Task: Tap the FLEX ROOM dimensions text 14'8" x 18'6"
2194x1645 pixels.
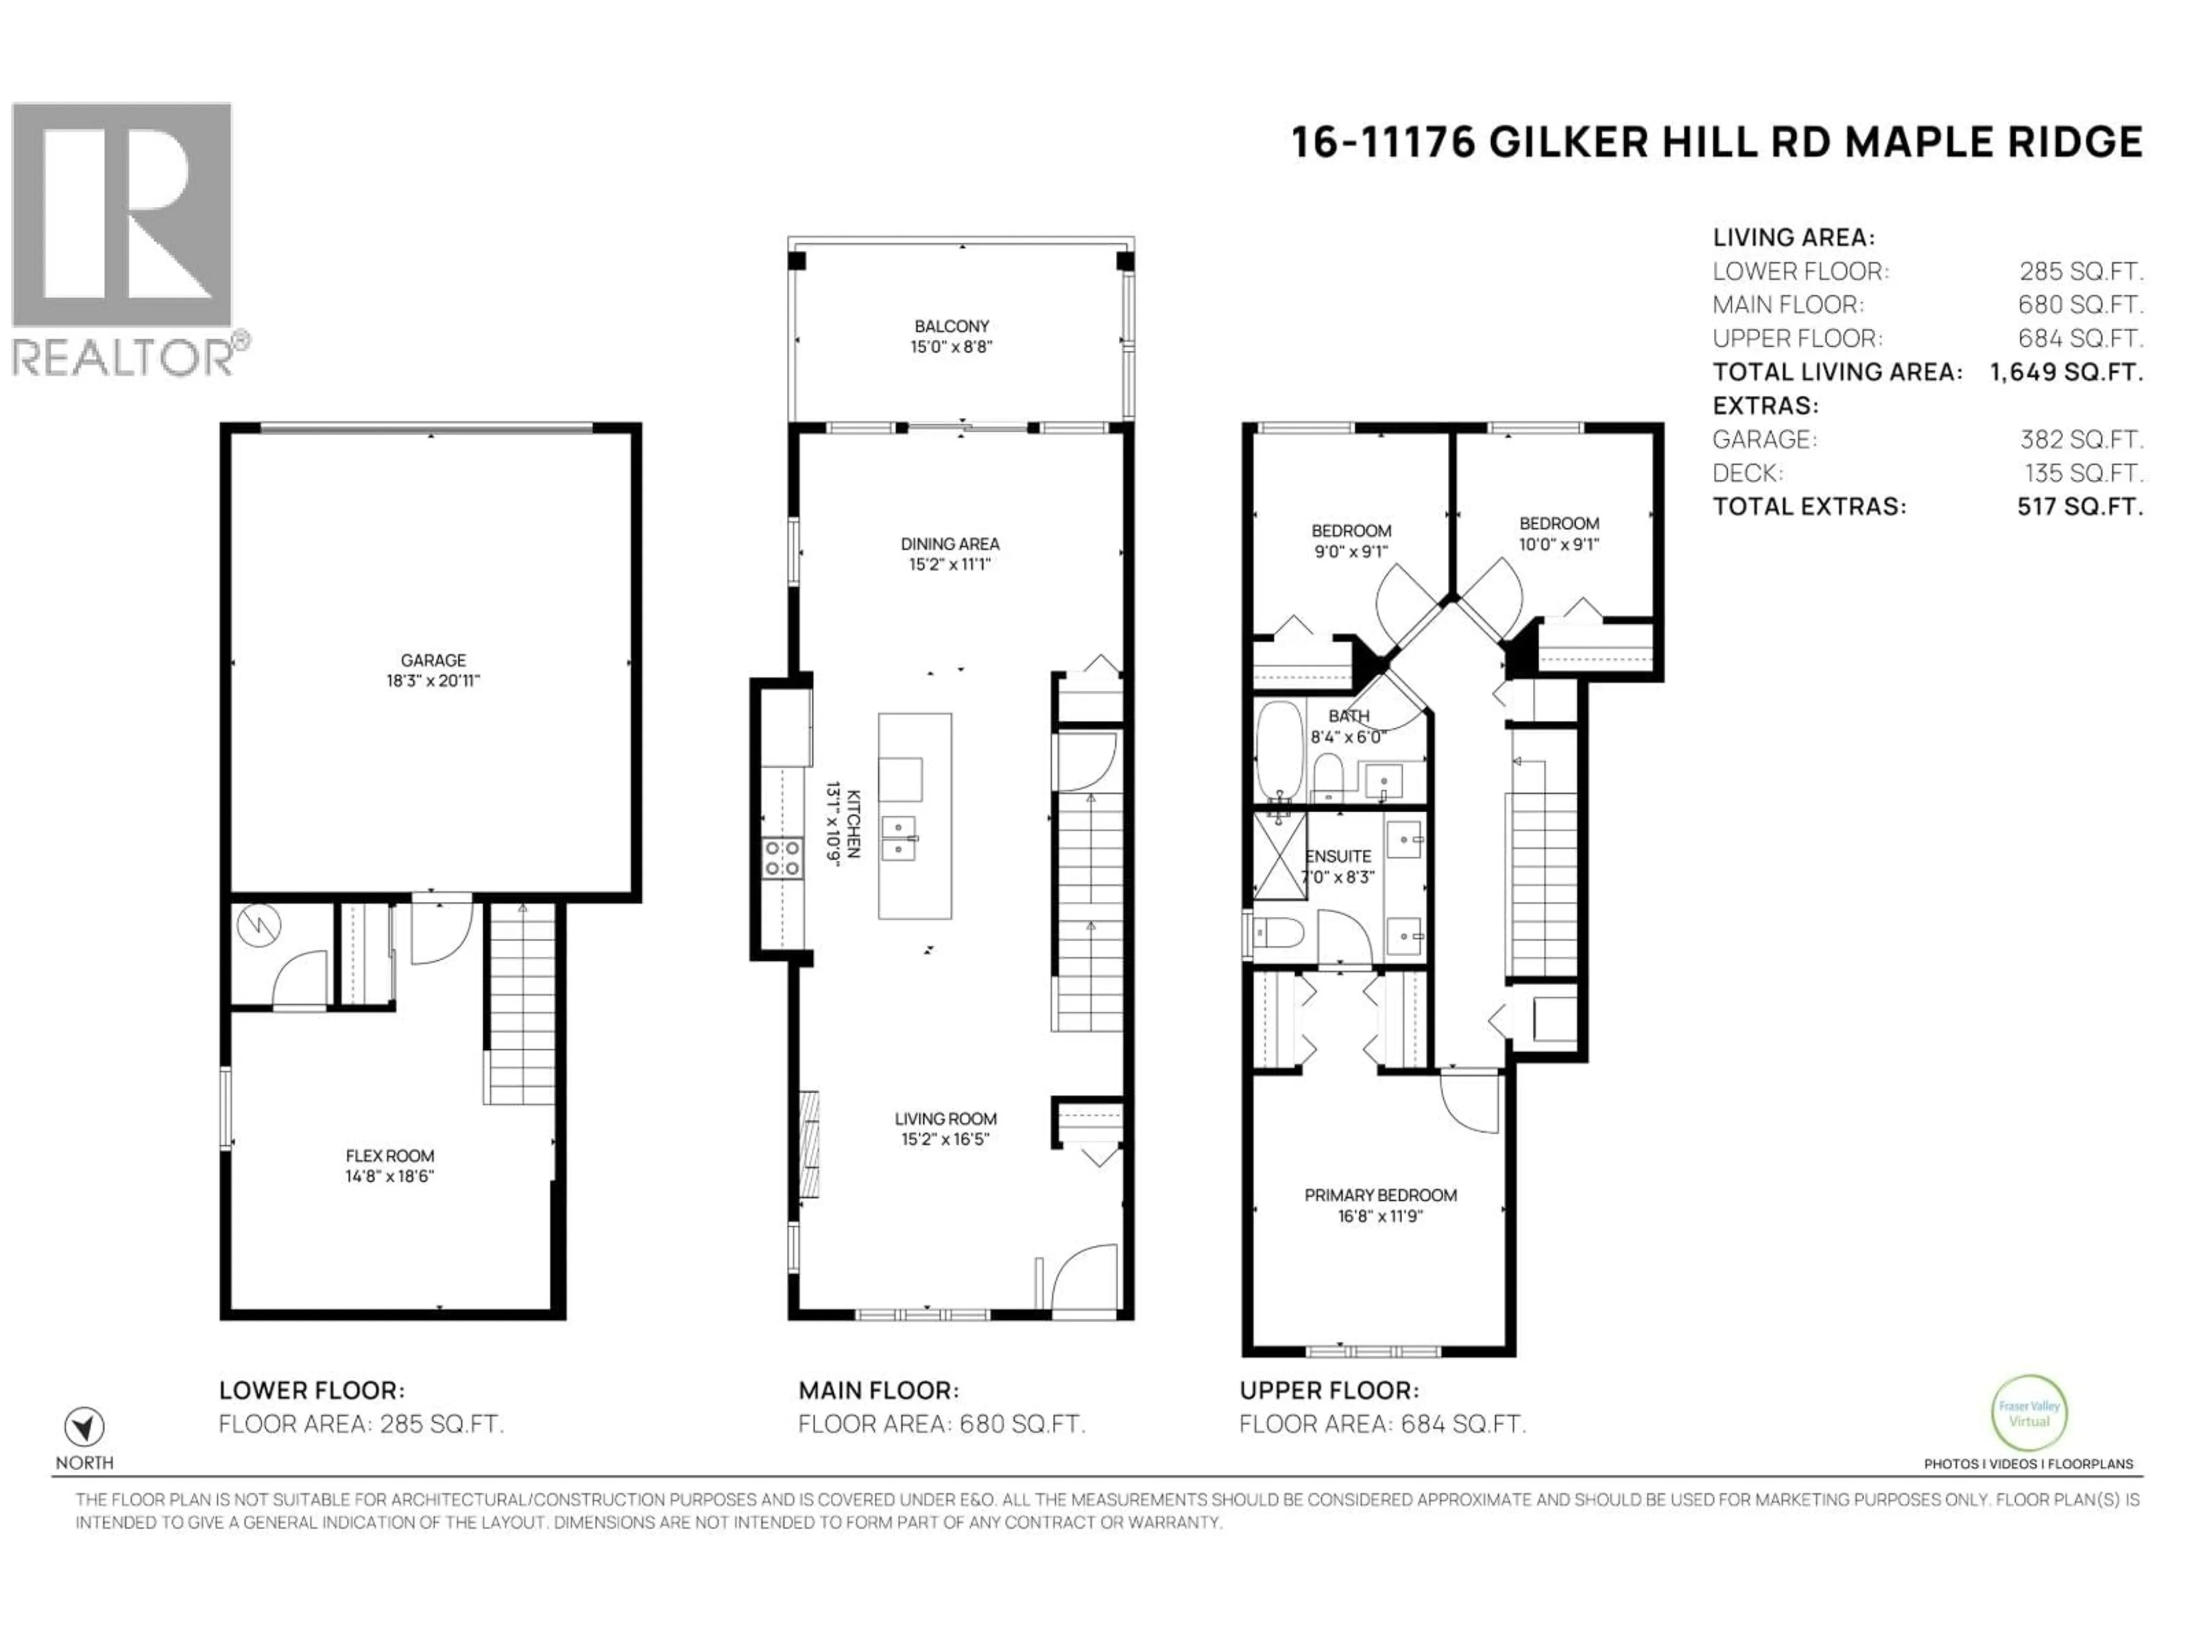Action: coord(389,1176)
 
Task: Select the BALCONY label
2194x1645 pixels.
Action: coord(951,325)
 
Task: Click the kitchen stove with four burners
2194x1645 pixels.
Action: coord(782,858)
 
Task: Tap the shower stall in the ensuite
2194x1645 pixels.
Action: coord(1279,854)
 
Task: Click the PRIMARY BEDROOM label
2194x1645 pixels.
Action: coord(1380,1195)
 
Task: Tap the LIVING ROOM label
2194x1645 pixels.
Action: coord(944,1118)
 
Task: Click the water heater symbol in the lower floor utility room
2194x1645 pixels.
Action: coord(260,925)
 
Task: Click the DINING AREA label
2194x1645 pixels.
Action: coord(949,543)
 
